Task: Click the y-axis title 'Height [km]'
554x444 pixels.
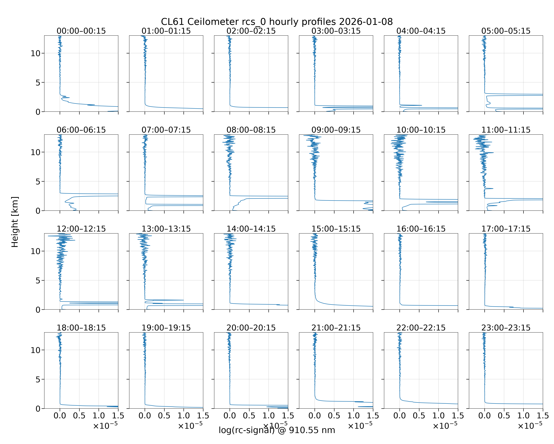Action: pos(15,222)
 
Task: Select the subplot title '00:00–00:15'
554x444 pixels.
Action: pos(81,31)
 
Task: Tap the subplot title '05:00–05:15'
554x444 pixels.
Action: pos(506,31)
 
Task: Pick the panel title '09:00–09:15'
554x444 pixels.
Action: pos(336,130)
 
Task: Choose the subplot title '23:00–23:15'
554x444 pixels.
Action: pos(506,328)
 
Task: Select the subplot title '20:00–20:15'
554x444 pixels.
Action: pos(251,328)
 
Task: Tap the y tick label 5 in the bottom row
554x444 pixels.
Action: pos(38,379)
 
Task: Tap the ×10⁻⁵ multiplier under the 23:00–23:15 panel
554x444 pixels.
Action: pos(530,425)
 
